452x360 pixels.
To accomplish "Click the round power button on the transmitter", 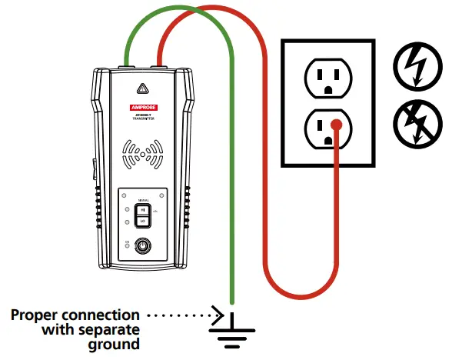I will pyautogui.click(x=141, y=247).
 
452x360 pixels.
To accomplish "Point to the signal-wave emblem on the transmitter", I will pyautogui.click(x=141, y=153).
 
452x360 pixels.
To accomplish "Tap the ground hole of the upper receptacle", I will pyautogui.click(x=327, y=89).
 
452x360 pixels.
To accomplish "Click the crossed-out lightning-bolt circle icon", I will pyautogui.click(x=413, y=124).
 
